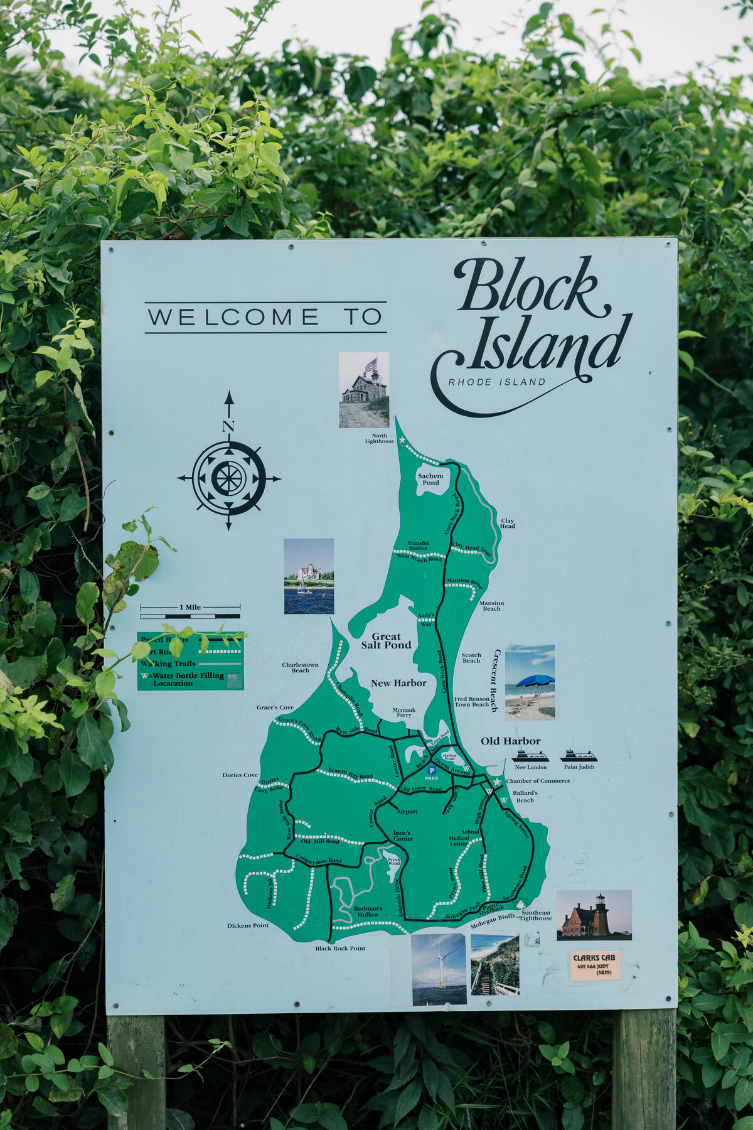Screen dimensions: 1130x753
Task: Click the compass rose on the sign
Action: [x=228, y=478]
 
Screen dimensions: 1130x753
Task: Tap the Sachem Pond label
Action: [x=430, y=479]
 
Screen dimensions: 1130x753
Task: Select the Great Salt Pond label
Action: [x=386, y=640]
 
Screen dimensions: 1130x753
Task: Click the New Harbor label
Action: [x=398, y=683]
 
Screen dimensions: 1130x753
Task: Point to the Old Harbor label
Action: [x=510, y=741]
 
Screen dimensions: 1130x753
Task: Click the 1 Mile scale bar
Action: [x=190, y=610]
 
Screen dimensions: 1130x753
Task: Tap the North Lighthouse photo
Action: [x=364, y=390]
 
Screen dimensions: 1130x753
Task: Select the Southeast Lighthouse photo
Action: [x=594, y=915]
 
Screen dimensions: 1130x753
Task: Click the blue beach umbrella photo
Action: [x=530, y=682]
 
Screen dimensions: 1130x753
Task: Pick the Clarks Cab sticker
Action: [x=595, y=966]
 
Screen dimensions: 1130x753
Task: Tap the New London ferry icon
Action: [x=530, y=756]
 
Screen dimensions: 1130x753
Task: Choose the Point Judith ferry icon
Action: [x=578, y=755]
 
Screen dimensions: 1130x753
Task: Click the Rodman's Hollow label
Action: [x=368, y=912]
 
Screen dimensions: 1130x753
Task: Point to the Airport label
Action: [x=407, y=812]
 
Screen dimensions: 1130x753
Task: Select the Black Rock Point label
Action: [x=340, y=948]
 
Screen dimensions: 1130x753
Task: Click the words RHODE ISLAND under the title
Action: [x=497, y=382]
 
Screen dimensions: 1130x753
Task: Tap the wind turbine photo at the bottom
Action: [x=439, y=969]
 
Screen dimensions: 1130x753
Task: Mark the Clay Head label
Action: [x=507, y=523]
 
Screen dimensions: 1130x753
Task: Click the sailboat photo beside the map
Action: [x=309, y=576]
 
